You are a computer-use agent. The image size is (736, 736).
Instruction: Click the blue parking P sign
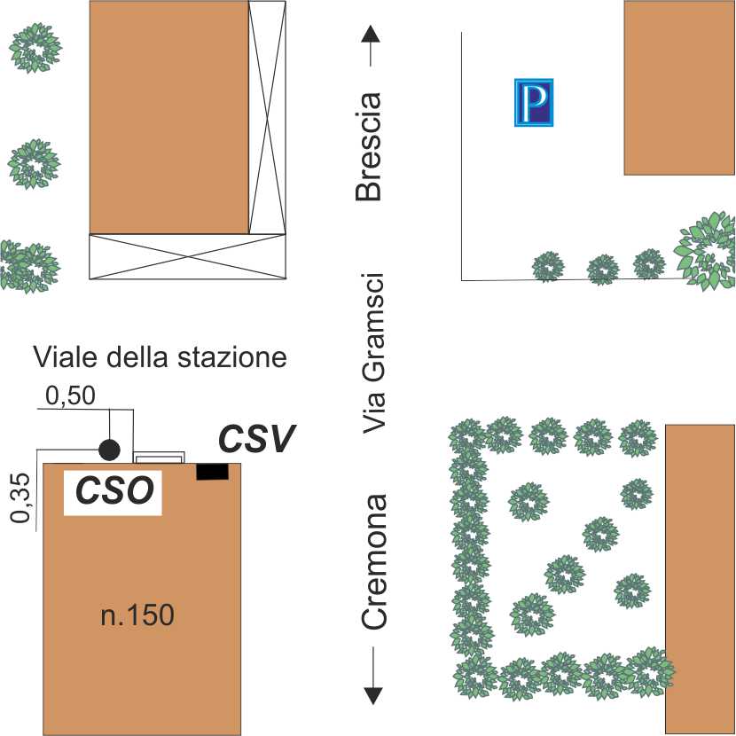(x=534, y=102)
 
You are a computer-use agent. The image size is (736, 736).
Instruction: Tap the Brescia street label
(x=367, y=147)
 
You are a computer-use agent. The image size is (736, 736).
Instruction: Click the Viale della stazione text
(x=161, y=357)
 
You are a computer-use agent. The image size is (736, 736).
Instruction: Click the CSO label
(x=113, y=490)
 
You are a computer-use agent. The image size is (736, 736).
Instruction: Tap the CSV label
(x=257, y=438)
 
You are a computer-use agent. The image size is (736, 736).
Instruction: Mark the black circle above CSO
(x=109, y=450)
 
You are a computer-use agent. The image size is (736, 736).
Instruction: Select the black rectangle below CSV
(x=213, y=472)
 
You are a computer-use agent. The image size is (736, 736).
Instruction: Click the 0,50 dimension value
(x=70, y=396)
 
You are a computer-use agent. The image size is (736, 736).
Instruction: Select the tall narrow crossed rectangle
(x=267, y=117)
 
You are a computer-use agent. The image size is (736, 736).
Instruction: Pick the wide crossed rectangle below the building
(x=187, y=256)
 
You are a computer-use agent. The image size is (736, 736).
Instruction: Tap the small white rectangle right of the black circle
(x=159, y=458)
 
